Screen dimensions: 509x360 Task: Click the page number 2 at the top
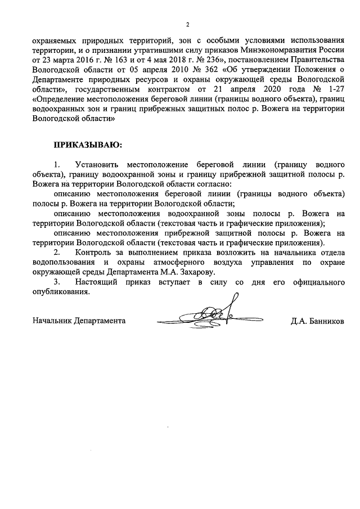tap(187, 24)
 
